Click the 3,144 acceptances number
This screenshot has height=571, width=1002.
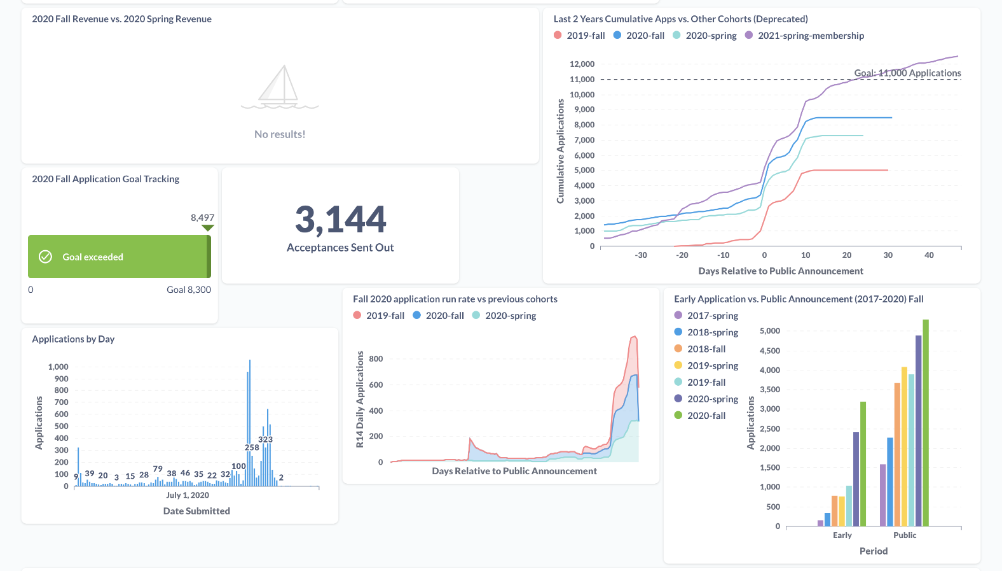coord(340,220)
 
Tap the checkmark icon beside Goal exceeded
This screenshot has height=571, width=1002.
coord(46,257)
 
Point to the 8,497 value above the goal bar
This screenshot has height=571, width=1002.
coord(202,218)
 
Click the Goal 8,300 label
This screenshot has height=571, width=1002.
coord(188,290)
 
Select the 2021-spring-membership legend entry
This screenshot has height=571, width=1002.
coord(804,36)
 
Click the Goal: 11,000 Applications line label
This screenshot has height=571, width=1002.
coord(907,73)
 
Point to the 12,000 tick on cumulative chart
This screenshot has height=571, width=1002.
coord(582,64)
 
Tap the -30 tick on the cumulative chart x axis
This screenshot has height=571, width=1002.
coord(641,255)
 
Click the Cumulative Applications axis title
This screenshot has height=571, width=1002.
coord(560,152)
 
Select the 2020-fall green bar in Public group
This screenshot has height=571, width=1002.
coord(926,423)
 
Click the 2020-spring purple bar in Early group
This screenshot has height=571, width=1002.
coord(856,479)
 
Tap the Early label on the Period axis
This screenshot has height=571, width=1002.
coord(842,535)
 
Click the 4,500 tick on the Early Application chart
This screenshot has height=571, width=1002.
coord(769,351)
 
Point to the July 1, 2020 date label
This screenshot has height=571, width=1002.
coord(188,495)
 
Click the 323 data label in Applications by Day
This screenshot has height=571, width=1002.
coord(265,439)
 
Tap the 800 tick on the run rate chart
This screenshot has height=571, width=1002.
coord(376,359)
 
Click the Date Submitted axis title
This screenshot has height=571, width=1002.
coord(196,511)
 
